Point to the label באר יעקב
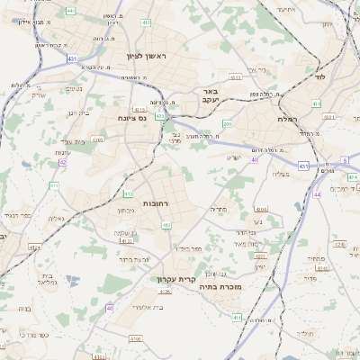(x=211, y=96)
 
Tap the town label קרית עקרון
(x=174, y=279)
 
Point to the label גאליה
(x=57, y=219)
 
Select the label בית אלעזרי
(x=145, y=308)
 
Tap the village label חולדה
(x=306, y=333)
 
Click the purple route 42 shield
(x=63, y=163)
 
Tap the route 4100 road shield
(x=136, y=338)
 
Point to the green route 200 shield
(x=228, y=124)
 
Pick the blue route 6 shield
(x=345, y=162)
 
